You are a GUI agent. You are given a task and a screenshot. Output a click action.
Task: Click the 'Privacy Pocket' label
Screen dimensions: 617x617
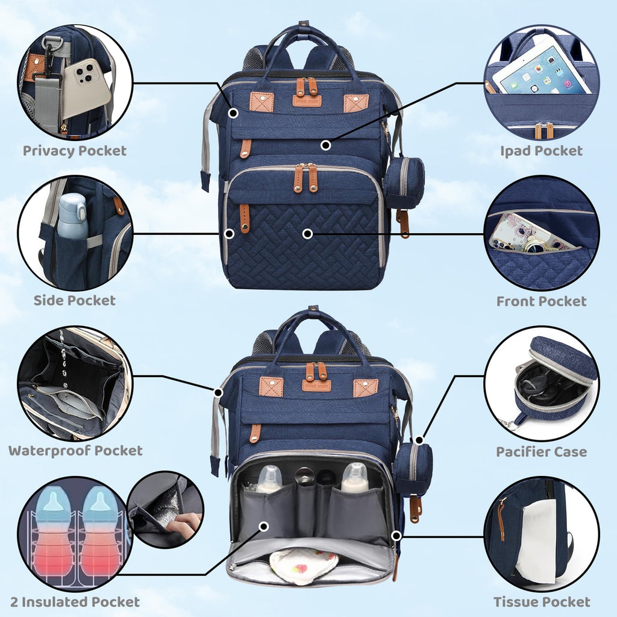pos(74,151)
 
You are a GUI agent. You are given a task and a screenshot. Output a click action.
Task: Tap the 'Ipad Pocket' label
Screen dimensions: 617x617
pos(541,151)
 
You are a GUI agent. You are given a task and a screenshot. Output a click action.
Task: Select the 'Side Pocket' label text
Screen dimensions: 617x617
pos(74,300)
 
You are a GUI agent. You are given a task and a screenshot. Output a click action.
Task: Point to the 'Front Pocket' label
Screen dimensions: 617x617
pos(541,301)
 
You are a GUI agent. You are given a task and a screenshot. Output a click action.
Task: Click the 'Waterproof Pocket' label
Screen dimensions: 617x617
pos(75,451)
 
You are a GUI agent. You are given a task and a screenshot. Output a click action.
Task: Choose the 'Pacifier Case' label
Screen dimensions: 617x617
pos(541,451)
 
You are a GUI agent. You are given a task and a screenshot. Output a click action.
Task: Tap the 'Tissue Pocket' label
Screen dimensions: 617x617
pos(542,602)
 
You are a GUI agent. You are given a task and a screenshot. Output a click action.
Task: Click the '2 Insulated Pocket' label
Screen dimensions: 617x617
pos(75,602)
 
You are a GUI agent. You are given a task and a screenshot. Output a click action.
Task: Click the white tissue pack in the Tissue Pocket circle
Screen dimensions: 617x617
pos(536,541)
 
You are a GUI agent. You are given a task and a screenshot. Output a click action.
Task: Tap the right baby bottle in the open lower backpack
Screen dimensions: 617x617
pos(355,477)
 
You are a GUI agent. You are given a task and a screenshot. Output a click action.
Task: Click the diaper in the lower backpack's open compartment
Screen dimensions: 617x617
pos(304,565)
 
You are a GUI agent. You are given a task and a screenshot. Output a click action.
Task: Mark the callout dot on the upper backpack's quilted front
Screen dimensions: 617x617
pos(308,234)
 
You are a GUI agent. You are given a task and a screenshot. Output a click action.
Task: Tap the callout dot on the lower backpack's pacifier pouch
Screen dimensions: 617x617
pos(419,440)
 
